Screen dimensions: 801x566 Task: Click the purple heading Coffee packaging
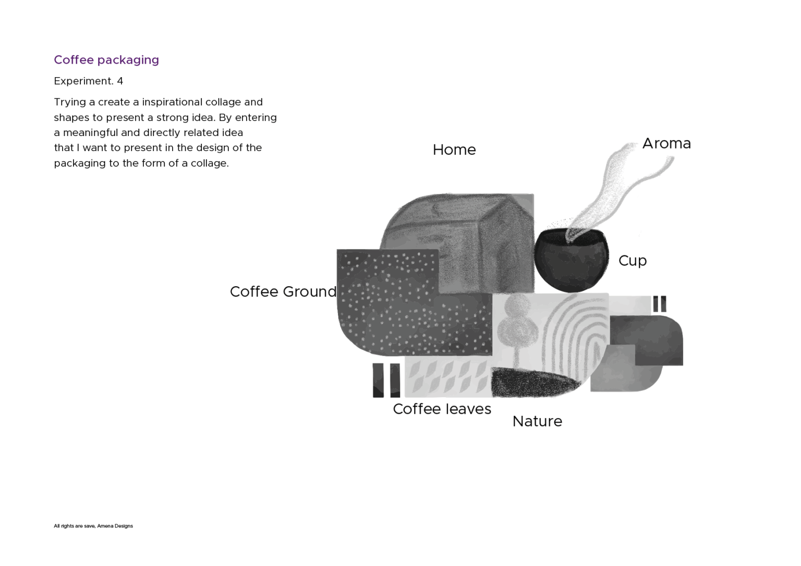point(106,60)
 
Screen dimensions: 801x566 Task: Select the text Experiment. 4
point(88,81)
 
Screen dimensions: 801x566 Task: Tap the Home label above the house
point(454,150)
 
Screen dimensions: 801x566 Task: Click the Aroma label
point(666,143)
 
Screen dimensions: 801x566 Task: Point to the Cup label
point(633,261)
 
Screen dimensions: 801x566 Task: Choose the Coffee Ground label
point(283,291)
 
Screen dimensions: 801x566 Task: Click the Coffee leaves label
point(442,409)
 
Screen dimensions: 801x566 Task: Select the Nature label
point(537,421)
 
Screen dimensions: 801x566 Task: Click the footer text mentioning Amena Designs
point(93,526)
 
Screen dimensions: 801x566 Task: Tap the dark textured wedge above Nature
point(533,383)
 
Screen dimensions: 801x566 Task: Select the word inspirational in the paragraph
point(174,103)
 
